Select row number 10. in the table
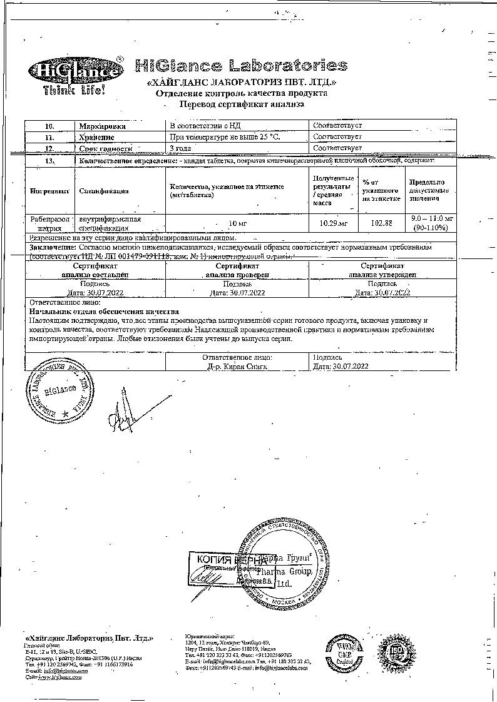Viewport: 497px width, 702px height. click(49, 126)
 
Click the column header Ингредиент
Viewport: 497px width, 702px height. click(48, 191)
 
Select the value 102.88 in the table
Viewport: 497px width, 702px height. click(381, 223)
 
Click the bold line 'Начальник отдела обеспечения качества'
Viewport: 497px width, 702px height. click(105, 311)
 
